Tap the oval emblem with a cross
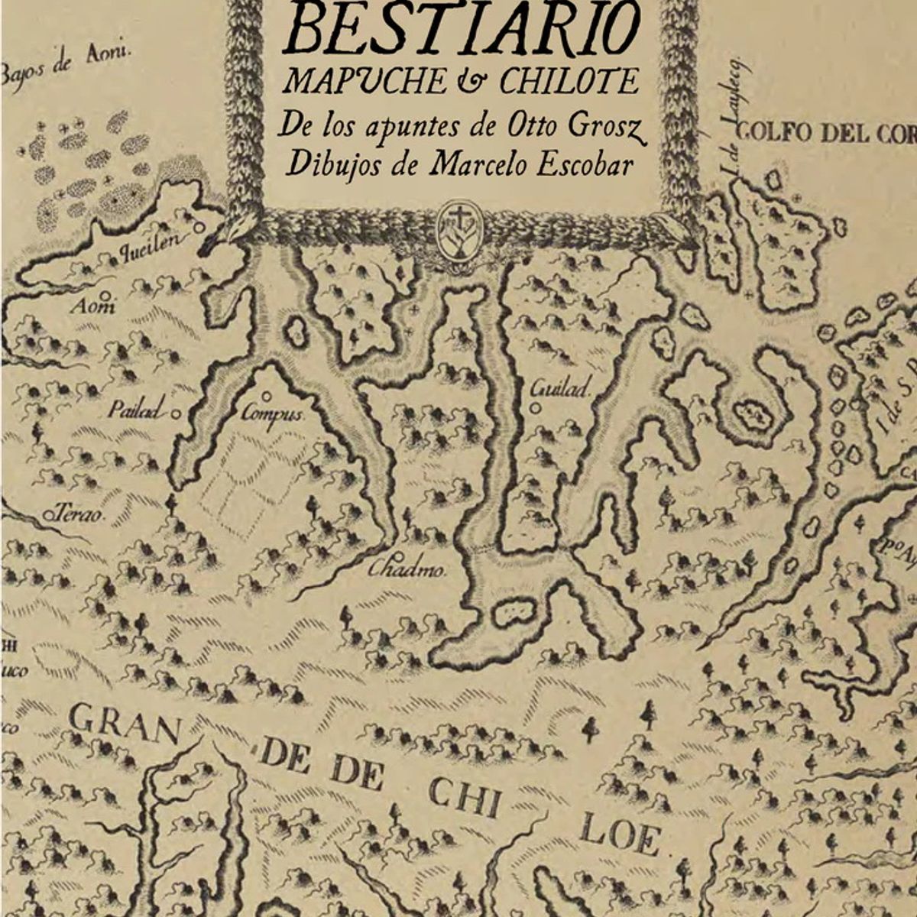coord(460,228)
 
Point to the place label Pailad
coord(136,410)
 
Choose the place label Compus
coord(273,415)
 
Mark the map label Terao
coord(81,515)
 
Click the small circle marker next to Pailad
coord(177,413)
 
